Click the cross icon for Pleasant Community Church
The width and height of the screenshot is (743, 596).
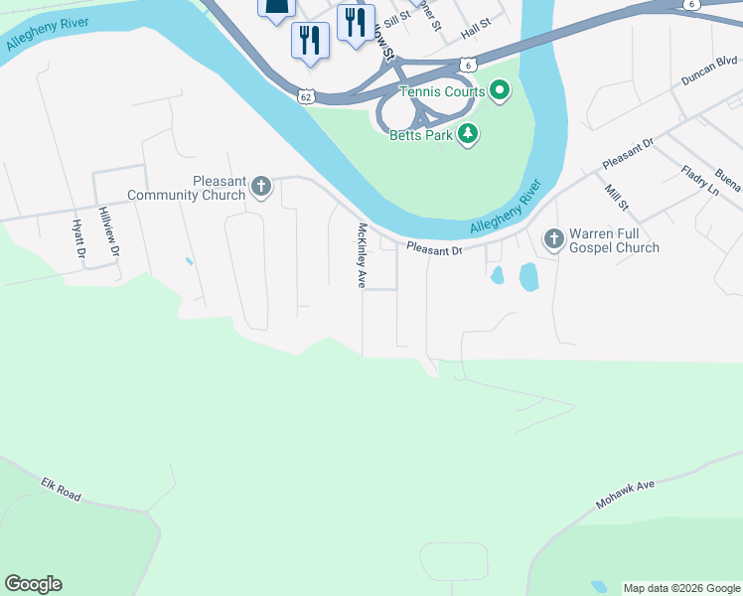pos(261,186)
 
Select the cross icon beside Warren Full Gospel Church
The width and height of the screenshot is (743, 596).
pos(553,238)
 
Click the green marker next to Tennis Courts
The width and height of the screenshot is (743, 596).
pos(500,92)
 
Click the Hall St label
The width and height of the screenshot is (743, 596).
pos(476,29)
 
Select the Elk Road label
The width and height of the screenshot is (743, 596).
pos(61,488)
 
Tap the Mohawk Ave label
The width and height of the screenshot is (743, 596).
pos(626,494)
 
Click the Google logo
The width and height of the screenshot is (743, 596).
pos(33,584)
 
